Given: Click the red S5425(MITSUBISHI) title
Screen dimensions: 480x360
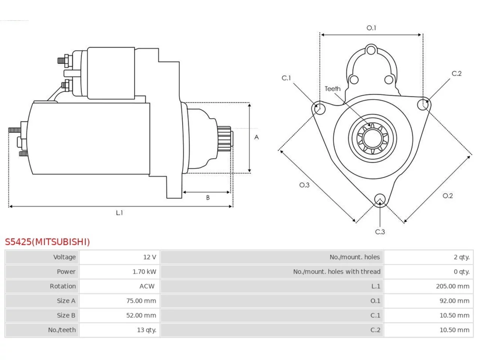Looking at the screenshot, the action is point(47,242).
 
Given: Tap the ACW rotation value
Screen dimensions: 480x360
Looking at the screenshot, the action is point(147,286).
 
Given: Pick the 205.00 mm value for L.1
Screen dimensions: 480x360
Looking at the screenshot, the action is point(453,286).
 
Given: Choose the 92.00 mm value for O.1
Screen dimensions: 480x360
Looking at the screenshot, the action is point(454,301).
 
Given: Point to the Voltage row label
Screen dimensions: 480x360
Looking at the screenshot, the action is point(64,257).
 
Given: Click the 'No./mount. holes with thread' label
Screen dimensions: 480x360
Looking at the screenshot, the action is point(337,272).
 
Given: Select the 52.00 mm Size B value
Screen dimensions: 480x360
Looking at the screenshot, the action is point(141,315).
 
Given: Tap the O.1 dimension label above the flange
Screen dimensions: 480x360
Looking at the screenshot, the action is point(371,28).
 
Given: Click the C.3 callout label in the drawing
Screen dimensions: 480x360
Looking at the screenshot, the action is point(380,232).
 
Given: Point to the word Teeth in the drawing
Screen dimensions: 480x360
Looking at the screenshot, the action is point(333,89).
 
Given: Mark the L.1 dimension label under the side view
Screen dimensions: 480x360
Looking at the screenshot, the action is point(119,213).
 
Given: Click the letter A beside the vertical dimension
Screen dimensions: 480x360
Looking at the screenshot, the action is point(256,137).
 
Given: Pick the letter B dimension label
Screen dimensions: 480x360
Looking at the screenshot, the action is point(208,198).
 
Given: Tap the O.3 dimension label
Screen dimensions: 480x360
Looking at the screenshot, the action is point(304,185).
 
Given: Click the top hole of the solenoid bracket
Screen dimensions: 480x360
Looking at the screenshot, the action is point(371,50).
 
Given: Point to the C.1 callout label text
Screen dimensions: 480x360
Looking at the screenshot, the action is point(286,78).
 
